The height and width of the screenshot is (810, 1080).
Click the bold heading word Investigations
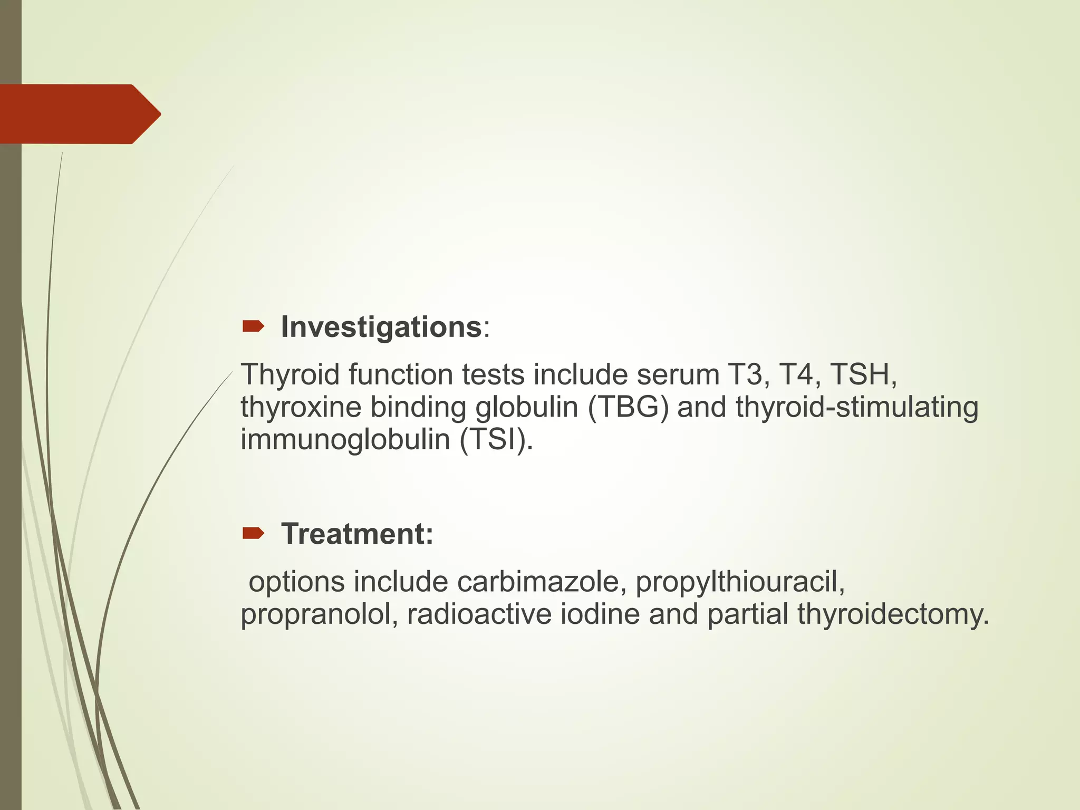[381, 327]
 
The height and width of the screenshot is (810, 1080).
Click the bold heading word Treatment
[356, 534]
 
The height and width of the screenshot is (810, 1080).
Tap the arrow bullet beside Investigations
[253, 327]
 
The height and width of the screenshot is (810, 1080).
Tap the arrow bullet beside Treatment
[253, 534]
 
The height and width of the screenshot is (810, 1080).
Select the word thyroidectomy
[893, 615]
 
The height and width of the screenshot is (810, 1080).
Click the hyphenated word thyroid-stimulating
[857, 408]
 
